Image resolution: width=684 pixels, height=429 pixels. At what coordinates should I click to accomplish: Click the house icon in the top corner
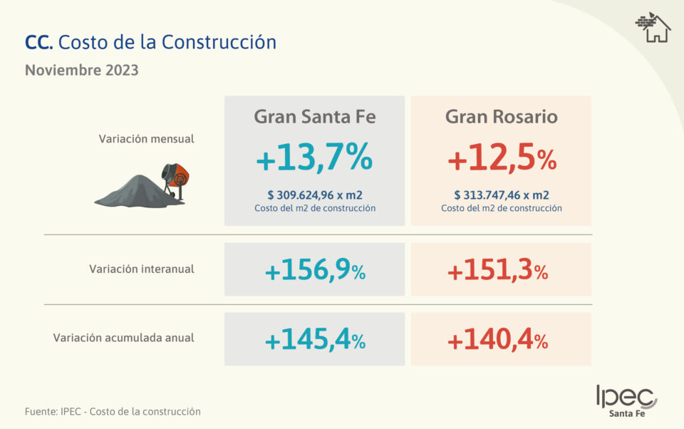[653, 28]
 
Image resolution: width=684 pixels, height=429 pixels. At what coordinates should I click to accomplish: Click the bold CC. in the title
[38, 42]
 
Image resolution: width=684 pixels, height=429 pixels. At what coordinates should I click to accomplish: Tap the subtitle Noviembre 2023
[81, 71]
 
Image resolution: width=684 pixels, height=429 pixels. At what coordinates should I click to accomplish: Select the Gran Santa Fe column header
[314, 116]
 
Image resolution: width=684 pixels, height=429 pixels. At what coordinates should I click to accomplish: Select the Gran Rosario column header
[501, 116]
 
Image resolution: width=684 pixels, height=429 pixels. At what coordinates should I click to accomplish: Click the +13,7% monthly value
[314, 159]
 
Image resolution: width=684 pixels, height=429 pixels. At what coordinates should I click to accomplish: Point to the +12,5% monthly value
[501, 160]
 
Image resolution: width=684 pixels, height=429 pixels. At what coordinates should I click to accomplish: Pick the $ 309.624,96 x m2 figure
[314, 195]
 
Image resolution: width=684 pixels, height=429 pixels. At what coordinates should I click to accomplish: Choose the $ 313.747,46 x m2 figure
[501, 195]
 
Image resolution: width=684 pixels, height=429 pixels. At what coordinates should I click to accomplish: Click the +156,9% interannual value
[314, 271]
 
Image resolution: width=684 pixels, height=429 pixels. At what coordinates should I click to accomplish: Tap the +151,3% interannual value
[498, 272]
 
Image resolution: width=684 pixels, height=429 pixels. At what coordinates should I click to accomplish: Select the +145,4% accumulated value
[314, 341]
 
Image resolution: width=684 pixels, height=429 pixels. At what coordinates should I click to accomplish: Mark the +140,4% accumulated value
[498, 341]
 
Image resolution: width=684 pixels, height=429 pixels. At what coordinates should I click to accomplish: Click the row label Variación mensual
[146, 139]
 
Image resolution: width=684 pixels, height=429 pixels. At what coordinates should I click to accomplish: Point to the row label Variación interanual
[142, 269]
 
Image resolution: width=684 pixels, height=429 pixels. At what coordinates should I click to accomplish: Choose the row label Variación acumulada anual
[123, 338]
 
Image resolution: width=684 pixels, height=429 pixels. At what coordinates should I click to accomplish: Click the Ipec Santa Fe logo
[626, 401]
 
